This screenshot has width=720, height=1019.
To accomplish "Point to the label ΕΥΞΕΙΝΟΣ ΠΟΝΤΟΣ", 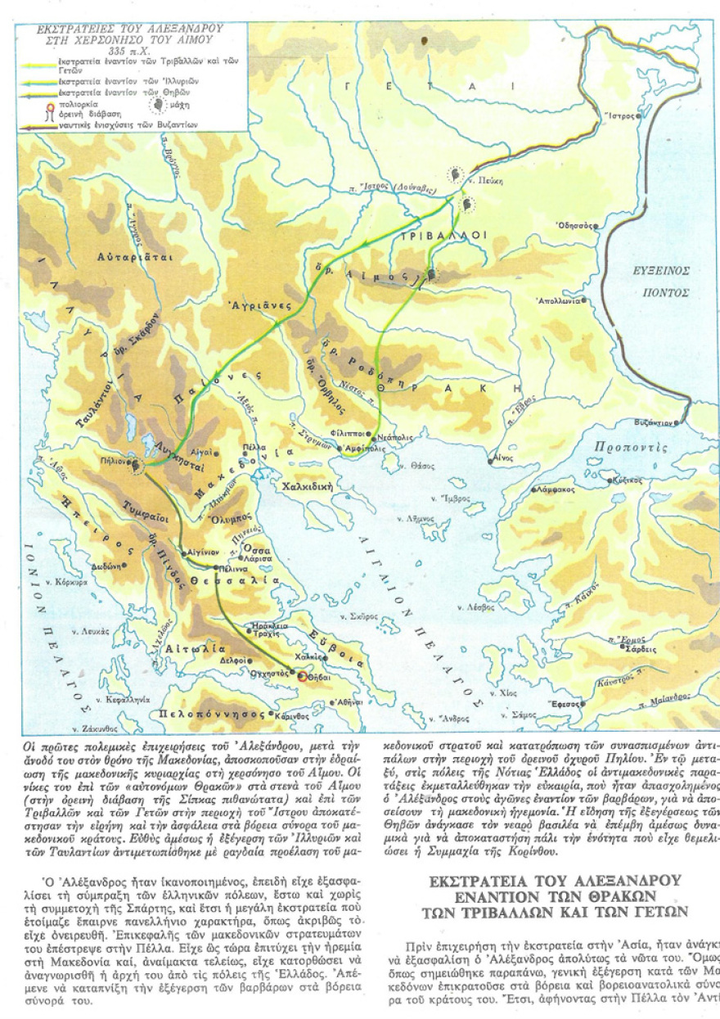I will (664, 281).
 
